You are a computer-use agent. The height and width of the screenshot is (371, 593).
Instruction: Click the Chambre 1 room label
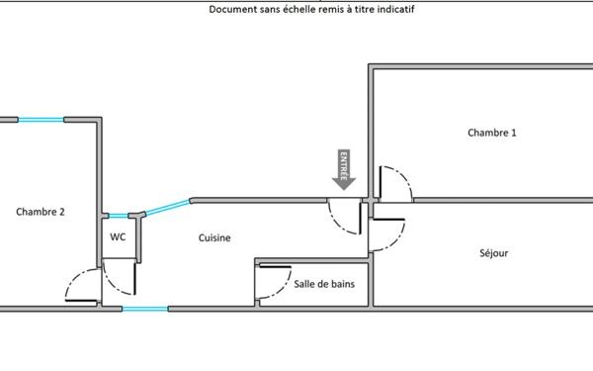491,133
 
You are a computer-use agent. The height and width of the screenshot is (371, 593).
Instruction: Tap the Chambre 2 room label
41,211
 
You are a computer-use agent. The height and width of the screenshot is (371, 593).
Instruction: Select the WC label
118,237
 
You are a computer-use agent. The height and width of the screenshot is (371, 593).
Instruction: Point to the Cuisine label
214,237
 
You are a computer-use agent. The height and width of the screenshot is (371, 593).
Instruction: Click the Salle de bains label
324,284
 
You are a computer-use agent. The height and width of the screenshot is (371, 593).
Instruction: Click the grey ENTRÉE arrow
344,169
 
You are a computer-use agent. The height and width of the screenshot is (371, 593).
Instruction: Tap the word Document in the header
232,10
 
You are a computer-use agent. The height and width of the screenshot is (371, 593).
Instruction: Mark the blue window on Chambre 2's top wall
41,121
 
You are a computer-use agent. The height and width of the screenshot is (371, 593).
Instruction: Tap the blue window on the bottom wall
144,310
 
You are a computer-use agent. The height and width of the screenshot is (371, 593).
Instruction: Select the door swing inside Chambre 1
394,183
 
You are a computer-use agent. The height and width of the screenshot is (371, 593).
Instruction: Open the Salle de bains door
266,284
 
